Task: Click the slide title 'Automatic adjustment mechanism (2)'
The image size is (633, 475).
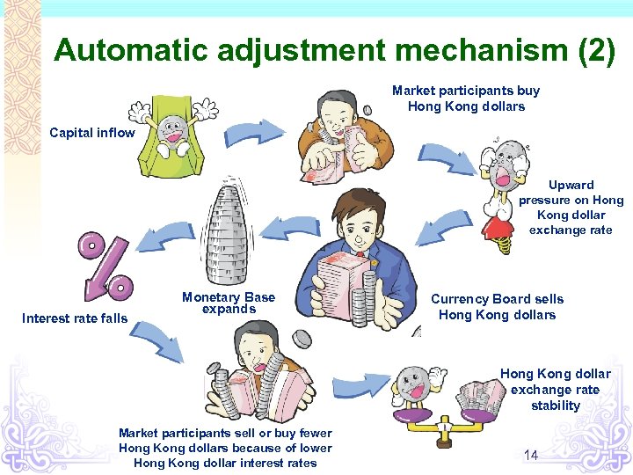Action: click(334, 50)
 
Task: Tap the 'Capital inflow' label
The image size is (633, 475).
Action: click(92, 133)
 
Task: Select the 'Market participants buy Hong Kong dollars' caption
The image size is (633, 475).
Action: click(466, 99)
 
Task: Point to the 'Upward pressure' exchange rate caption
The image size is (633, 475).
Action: click(571, 208)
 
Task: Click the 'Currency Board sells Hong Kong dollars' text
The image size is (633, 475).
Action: click(497, 307)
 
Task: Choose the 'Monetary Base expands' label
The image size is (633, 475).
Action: click(229, 303)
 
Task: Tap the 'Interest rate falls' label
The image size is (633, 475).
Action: click(75, 318)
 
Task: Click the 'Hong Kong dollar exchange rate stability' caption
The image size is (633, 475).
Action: click(556, 390)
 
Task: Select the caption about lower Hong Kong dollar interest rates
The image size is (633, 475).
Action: click(225, 448)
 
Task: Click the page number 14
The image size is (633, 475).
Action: click(531, 455)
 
